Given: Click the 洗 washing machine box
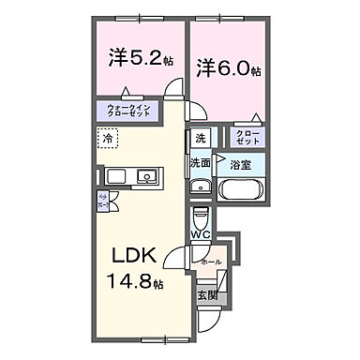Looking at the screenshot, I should click(x=200, y=139).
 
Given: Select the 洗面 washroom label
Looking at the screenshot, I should click(x=200, y=162).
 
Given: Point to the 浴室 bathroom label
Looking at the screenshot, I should click(x=240, y=164).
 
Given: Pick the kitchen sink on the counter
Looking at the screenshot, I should click(x=146, y=176).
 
